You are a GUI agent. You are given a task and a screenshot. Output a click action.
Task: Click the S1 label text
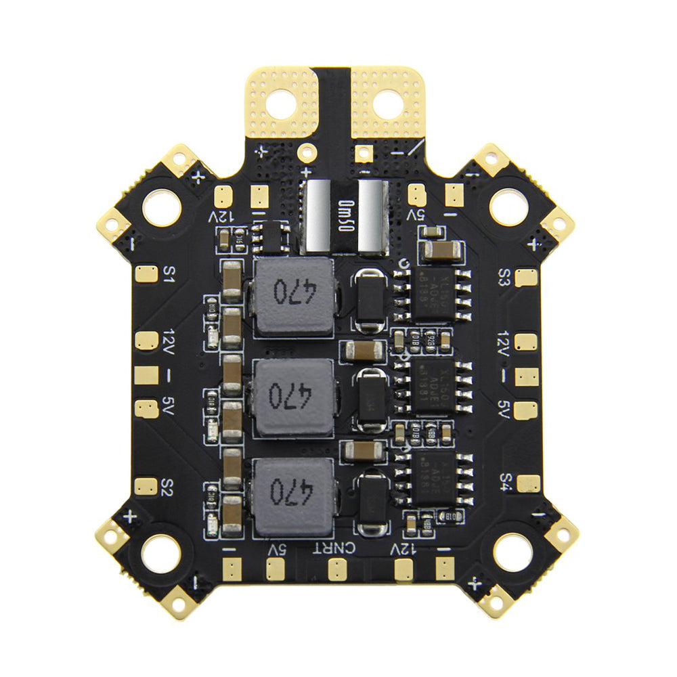169,274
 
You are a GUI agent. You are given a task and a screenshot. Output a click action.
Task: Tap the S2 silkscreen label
169,485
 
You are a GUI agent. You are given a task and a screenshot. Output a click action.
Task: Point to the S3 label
504,277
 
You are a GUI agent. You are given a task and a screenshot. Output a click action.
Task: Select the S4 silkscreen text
505,481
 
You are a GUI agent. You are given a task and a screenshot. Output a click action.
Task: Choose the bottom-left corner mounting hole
160,552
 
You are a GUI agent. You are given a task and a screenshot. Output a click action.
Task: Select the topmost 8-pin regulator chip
433,295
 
